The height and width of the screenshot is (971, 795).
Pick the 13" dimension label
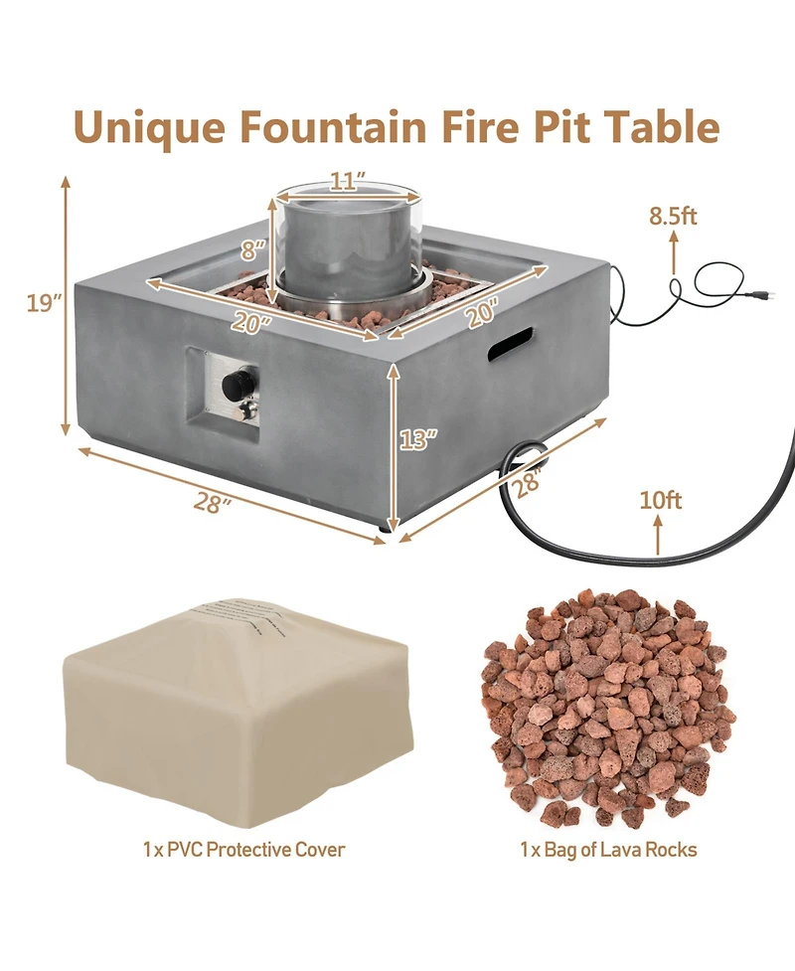click(418, 438)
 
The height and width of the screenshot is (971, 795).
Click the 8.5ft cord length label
click(673, 214)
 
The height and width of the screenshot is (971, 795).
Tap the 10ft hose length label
click(660, 500)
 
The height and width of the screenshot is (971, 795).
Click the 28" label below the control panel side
click(213, 503)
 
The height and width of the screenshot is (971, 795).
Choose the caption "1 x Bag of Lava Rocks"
click(608, 850)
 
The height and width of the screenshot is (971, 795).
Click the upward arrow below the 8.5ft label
click(674, 253)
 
